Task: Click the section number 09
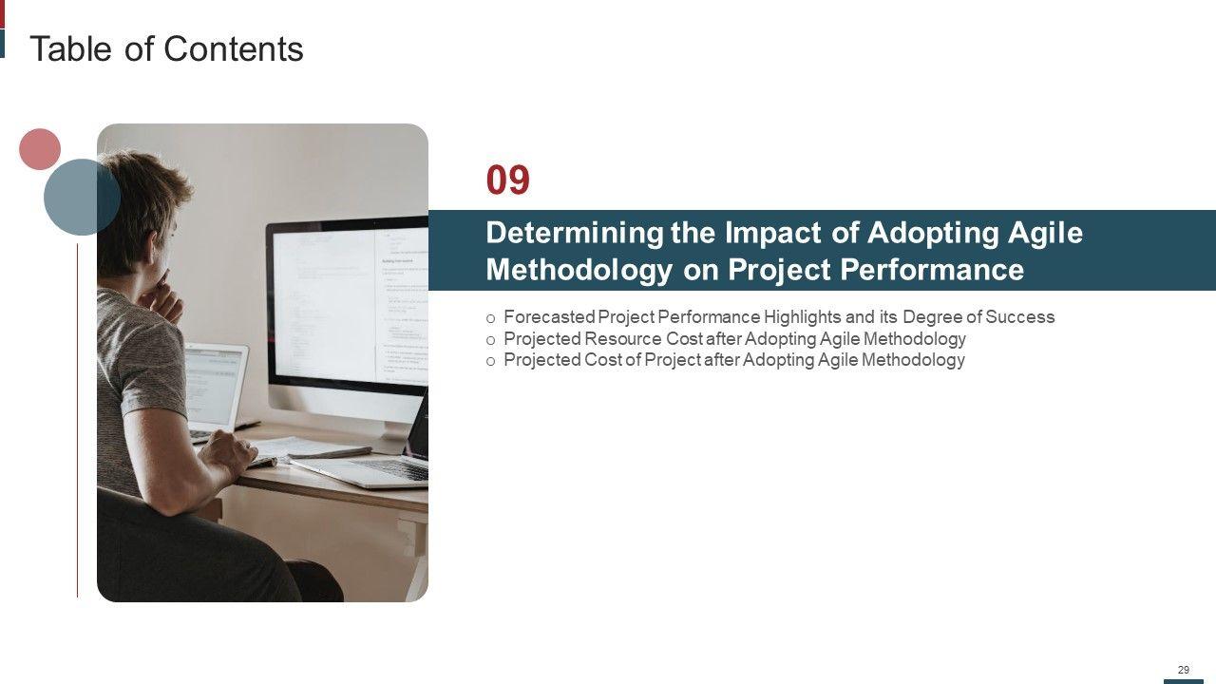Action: pyautogui.click(x=507, y=180)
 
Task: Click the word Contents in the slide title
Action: pyautogui.click(x=234, y=48)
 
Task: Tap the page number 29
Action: pyautogui.click(x=1184, y=670)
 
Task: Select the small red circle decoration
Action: pyautogui.click(x=40, y=149)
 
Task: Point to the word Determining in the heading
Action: pyautogui.click(x=575, y=234)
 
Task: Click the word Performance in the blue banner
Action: pyautogui.click(x=932, y=269)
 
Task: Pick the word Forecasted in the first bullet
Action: pyautogui.click(x=549, y=316)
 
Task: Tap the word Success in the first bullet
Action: pyautogui.click(x=1019, y=316)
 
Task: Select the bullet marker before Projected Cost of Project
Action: pyautogui.click(x=491, y=362)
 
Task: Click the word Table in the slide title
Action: pyautogui.click(x=70, y=48)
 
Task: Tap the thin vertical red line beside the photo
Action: pyautogui.click(x=77, y=421)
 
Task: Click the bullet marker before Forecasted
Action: pyautogui.click(x=491, y=318)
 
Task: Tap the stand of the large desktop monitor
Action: pyautogui.click(x=392, y=435)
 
